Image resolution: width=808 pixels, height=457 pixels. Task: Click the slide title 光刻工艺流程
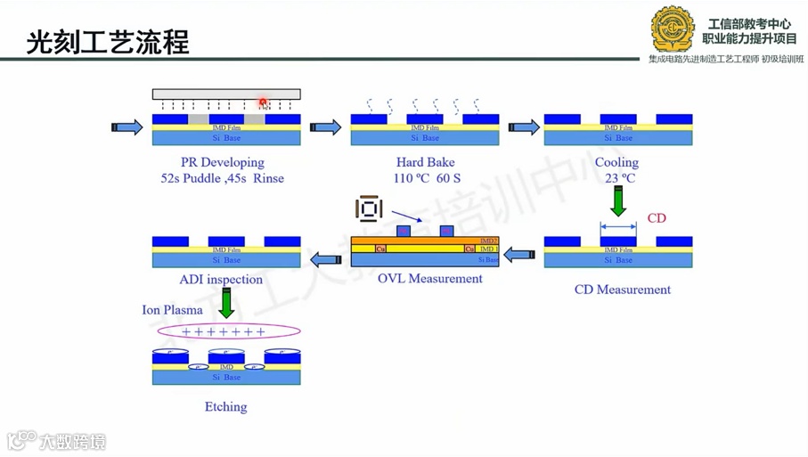[x=107, y=41]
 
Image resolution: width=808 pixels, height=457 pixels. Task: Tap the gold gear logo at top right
[x=673, y=29]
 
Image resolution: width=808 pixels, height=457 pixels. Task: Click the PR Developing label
[x=223, y=162]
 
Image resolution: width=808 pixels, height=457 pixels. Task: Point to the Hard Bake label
[x=425, y=162]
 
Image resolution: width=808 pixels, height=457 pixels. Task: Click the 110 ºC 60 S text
[x=424, y=178]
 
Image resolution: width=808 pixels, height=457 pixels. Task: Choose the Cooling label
[x=616, y=162]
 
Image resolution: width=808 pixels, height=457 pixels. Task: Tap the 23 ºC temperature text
[x=617, y=178]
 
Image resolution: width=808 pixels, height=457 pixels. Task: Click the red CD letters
[x=657, y=218]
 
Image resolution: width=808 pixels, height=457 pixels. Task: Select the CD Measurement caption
[x=622, y=290]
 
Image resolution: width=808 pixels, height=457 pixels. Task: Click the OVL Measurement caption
[x=429, y=279]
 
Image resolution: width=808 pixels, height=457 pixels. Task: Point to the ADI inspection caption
[x=221, y=280]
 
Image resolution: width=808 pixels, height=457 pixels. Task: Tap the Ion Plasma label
[x=172, y=310]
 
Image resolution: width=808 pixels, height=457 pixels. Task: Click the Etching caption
[x=225, y=407]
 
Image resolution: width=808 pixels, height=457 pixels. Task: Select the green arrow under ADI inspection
[x=226, y=303]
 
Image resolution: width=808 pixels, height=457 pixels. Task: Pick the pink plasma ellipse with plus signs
[x=228, y=332]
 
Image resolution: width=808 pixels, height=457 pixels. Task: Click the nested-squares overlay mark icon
[x=369, y=210]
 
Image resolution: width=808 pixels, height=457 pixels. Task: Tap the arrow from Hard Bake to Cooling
[x=524, y=128]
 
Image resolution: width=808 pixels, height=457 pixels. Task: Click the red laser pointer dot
[x=264, y=103]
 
